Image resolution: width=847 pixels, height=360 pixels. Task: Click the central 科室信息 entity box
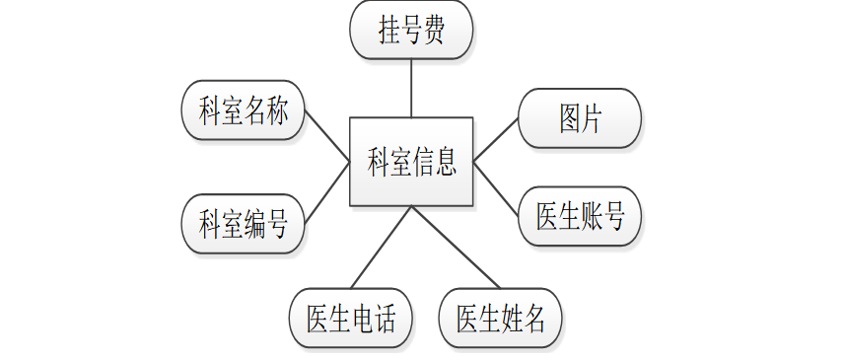411,162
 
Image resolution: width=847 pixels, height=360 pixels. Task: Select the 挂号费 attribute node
411,30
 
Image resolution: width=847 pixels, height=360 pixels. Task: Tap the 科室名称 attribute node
243,110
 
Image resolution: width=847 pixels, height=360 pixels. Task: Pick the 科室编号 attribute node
243,224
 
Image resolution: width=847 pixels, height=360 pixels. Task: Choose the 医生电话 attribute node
350,319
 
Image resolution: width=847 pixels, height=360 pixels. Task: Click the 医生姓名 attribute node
501,319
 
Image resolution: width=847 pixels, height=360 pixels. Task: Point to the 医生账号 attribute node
580,215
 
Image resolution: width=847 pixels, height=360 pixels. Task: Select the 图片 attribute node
580,118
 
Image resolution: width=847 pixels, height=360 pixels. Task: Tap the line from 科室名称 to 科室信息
327,135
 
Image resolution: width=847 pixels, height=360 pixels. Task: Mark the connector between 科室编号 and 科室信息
327,192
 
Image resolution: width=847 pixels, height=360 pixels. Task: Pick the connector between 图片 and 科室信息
496,139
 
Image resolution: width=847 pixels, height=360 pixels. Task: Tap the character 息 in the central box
445,162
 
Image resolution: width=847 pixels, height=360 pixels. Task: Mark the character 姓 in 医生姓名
512,319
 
